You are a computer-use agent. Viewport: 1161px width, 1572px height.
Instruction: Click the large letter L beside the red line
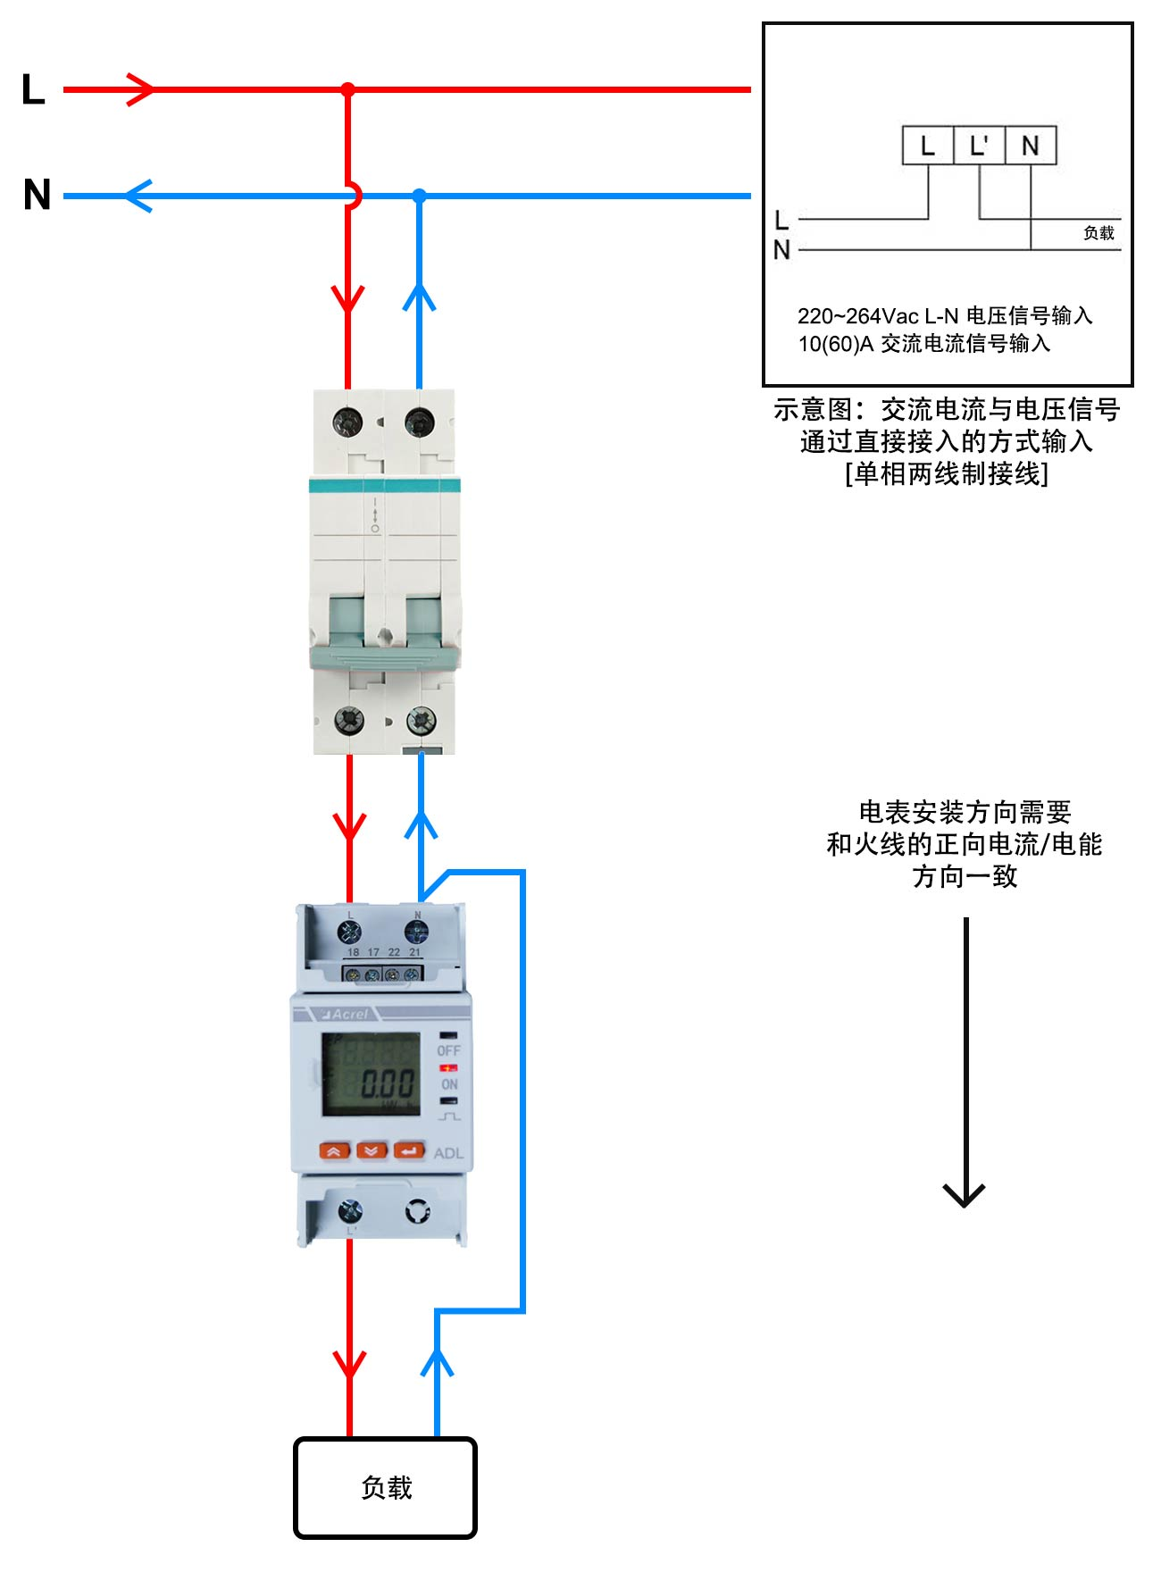coord(33,90)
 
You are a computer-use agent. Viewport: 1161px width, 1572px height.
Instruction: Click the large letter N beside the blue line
coord(38,195)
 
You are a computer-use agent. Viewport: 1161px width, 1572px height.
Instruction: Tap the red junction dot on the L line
coord(348,89)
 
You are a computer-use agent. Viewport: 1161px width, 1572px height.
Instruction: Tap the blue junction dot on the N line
coord(420,196)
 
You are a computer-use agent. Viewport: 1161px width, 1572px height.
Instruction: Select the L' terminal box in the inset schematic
coord(980,146)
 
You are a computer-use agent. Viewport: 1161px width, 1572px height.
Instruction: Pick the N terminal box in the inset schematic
coord(1031,146)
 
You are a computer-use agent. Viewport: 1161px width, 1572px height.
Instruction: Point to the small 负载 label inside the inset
coord(1098,233)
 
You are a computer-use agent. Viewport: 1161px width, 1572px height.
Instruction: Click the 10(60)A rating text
coord(835,344)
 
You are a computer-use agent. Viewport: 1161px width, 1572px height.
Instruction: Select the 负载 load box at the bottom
coord(386,1487)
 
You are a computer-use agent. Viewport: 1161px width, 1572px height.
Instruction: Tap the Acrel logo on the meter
coord(345,1014)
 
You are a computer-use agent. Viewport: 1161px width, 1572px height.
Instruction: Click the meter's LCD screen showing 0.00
coord(371,1074)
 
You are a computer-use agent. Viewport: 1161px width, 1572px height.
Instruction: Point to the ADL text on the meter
coord(448,1153)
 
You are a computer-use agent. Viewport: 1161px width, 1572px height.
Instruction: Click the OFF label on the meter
coord(448,1050)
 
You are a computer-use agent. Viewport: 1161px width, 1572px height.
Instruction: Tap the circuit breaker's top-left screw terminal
coord(347,421)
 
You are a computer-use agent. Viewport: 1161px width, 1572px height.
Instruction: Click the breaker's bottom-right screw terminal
coord(421,719)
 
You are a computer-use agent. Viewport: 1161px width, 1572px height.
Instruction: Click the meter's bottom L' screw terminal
coord(350,1211)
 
